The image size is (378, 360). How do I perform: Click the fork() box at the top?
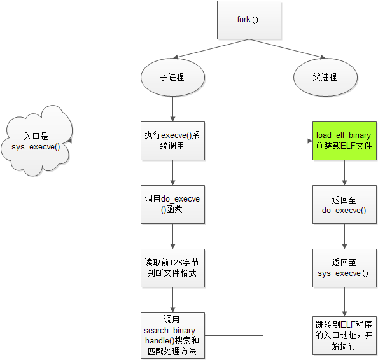click(249, 20)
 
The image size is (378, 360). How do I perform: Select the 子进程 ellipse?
click(172, 78)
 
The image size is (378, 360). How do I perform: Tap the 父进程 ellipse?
click(325, 78)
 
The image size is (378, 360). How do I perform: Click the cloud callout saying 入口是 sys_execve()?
click(36, 141)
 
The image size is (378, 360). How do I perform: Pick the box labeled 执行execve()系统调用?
click(172, 141)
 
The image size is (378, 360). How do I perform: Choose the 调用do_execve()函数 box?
click(172, 204)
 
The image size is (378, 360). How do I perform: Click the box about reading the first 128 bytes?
click(172, 268)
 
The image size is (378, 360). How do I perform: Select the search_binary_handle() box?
click(172, 335)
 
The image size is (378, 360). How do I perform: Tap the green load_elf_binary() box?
click(344, 141)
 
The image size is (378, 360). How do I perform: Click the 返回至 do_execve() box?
click(344, 204)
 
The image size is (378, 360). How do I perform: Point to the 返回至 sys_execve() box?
click(344, 268)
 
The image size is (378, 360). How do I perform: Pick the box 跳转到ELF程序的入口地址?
click(344, 335)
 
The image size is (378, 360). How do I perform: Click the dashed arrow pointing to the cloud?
click(104, 141)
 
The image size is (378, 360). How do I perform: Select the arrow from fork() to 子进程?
click(211, 48)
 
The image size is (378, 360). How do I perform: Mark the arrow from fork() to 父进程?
click(287, 48)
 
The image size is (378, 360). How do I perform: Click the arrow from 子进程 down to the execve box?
click(172, 109)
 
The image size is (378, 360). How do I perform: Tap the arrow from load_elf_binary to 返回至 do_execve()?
click(344, 172)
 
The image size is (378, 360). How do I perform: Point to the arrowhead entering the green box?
click(311, 141)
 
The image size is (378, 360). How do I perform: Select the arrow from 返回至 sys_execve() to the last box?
click(344, 301)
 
